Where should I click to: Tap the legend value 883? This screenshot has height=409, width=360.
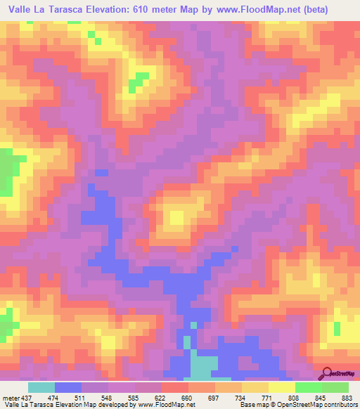tap(347, 398)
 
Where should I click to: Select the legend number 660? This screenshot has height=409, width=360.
tap(187, 398)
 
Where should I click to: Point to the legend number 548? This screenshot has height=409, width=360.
tap(108, 398)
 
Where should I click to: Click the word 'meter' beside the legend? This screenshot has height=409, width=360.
tap(9, 398)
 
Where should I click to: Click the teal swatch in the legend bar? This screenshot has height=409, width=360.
tap(41, 387)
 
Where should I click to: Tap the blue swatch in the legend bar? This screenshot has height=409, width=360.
tap(67, 387)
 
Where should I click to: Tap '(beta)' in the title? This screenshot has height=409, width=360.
tap(333, 8)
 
